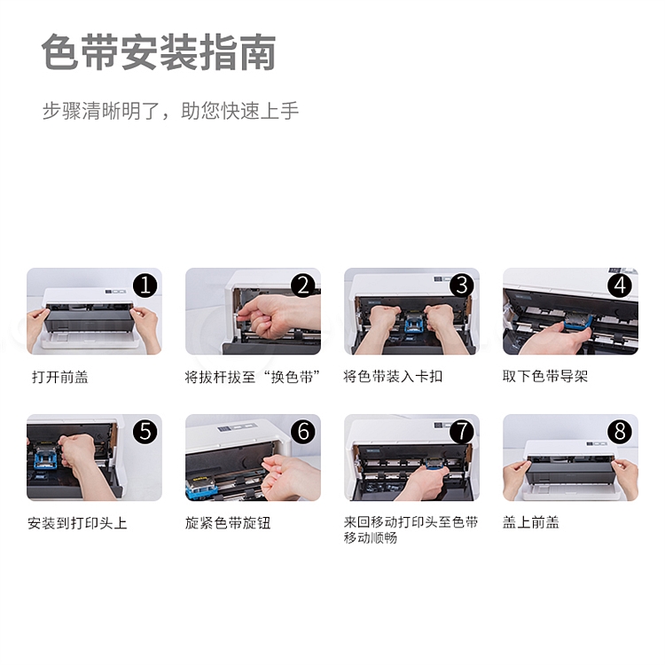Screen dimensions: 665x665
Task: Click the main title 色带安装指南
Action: tap(159, 52)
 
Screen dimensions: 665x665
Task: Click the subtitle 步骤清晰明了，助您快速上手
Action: tap(170, 111)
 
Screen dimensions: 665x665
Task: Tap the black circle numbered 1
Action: tap(145, 285)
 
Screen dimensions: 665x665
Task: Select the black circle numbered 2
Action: tap(303, 285)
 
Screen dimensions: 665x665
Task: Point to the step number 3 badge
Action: tap(462, 285)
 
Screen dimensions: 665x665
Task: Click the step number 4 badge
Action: tap(620, 285)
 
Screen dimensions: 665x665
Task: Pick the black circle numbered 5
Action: tap(145, 431)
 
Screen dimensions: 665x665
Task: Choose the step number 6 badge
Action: tap(303, 431)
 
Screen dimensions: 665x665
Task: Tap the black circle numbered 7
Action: tap(462, 431)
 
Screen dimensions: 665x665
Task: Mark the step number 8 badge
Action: tap(620, 431)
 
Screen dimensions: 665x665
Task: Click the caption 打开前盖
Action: tap(59, 377)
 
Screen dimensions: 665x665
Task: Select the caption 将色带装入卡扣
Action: tap(393, 376)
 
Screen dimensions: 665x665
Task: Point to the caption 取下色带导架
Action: tap(545, 376)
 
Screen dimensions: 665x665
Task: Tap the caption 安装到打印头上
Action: tap(77, 523)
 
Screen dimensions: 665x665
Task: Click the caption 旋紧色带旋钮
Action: tap(228, 523)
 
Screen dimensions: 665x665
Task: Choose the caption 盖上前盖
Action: tap(530, 522)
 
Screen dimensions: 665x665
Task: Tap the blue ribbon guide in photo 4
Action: tap(578, 325)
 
